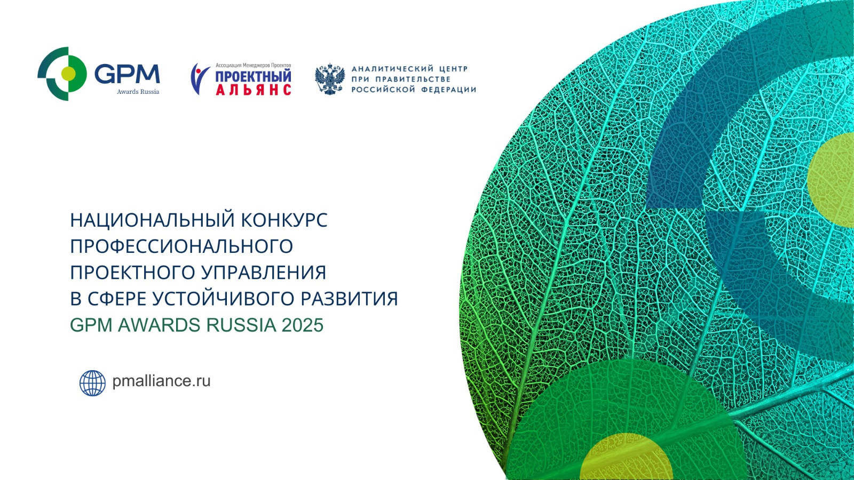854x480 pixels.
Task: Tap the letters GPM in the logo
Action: click(127, 74)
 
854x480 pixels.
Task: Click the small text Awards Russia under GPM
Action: click(138, 92)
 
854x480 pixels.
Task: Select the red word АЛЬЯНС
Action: click(254, 90)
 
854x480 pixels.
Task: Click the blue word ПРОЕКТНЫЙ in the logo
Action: click(254, 76)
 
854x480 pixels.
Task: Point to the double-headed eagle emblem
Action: click(330, 79)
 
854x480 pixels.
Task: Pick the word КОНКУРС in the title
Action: click(284, 220)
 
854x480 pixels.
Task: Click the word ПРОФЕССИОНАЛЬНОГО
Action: click(181, 246)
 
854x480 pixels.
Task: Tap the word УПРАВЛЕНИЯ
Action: click(264, 273)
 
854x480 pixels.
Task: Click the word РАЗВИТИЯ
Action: click(350, 299)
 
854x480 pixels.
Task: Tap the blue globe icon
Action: click(93, 383)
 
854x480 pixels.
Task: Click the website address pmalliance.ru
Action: click(161, 381)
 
